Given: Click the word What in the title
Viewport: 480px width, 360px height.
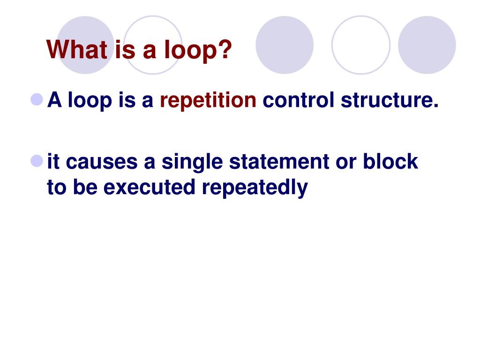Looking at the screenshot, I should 77,50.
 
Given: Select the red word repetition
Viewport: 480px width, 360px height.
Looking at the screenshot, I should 208,101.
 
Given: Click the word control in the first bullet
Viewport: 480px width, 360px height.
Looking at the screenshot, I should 299,101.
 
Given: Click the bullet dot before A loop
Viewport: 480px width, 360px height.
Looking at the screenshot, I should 37,99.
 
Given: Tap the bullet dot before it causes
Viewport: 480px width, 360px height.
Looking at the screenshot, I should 37,161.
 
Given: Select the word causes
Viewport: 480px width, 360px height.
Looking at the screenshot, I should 101,162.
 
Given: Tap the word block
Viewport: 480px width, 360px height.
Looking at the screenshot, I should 390,162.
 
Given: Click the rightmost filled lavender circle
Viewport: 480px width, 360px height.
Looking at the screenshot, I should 427,45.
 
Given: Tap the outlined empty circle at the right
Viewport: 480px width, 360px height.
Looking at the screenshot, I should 360,45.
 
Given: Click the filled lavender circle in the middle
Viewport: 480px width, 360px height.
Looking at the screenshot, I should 285,45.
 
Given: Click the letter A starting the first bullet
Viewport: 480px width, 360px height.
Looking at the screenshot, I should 55,101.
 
